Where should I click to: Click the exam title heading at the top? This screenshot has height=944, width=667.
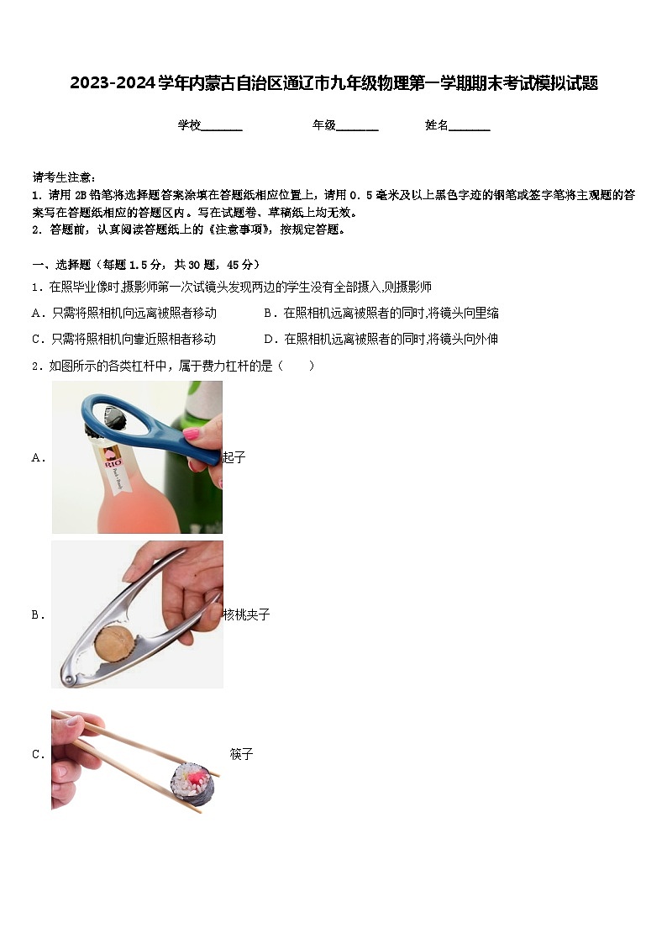pyautogui.click(x=333, y=83)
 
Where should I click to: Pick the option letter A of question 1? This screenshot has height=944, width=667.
pyautogui.click(x=36, y=314)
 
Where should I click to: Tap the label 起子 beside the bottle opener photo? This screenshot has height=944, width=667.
pyautogui.click(x=234, y=457)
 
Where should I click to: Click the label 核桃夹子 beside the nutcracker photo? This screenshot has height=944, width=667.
pyautogui.click(x=246, y=615)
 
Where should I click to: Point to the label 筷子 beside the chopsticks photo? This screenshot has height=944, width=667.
pyautogui.click(x=241, y=755)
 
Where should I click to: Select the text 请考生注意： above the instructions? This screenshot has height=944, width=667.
pyautogui.click(x=64, y=177)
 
